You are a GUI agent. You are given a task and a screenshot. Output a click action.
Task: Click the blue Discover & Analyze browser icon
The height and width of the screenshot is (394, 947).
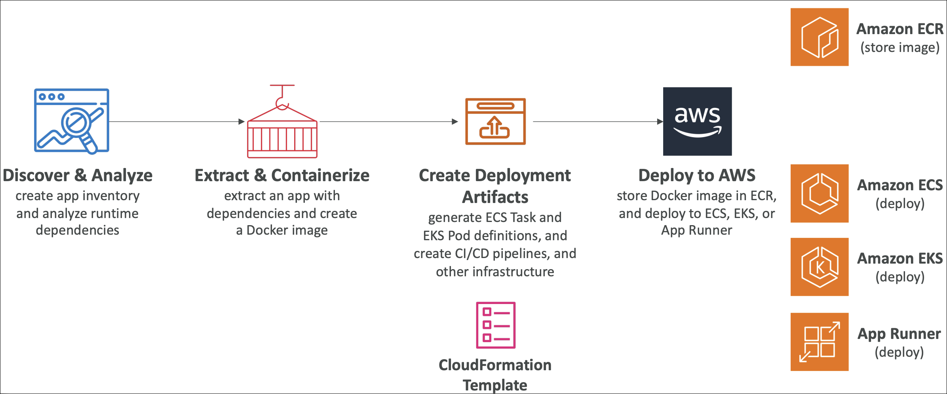71,120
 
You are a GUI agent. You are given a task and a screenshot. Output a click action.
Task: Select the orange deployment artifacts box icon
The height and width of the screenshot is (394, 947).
495,121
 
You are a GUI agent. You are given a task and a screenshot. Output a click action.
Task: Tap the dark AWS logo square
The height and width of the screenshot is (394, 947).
697,121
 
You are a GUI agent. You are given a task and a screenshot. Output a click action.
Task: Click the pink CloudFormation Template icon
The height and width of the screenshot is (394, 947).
496,325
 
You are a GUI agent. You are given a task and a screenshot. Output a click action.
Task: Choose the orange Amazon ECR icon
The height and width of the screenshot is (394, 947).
819,37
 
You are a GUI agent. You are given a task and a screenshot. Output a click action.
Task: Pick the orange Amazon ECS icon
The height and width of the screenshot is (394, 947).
819,193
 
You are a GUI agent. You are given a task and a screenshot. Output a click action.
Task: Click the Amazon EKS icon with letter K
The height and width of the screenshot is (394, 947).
819,267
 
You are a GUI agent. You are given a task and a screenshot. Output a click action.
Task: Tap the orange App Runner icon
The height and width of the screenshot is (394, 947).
819,342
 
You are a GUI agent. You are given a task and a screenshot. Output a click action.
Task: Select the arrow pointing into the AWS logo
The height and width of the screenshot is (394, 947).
598,122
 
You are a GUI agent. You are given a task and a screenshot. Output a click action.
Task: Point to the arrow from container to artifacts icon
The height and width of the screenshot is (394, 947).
388,122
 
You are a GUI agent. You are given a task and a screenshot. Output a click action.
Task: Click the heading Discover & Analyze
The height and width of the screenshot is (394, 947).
78,176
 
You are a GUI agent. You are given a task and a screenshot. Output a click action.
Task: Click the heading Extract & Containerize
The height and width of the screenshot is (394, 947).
282,176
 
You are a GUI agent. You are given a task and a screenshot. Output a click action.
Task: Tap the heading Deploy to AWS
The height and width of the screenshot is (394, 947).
697,176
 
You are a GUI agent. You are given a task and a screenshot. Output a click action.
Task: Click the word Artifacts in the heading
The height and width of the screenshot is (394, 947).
495,197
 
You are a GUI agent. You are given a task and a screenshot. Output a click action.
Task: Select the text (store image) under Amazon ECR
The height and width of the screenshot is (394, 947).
899,48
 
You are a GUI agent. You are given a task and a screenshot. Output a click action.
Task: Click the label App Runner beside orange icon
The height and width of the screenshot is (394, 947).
899,334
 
